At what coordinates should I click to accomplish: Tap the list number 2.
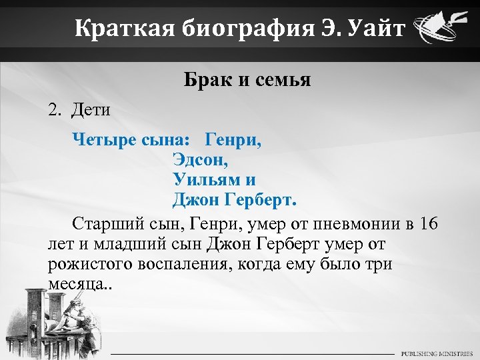coord(53,110)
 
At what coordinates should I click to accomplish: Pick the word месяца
coord(75,285)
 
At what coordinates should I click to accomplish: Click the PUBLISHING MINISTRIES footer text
coord(436,353)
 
